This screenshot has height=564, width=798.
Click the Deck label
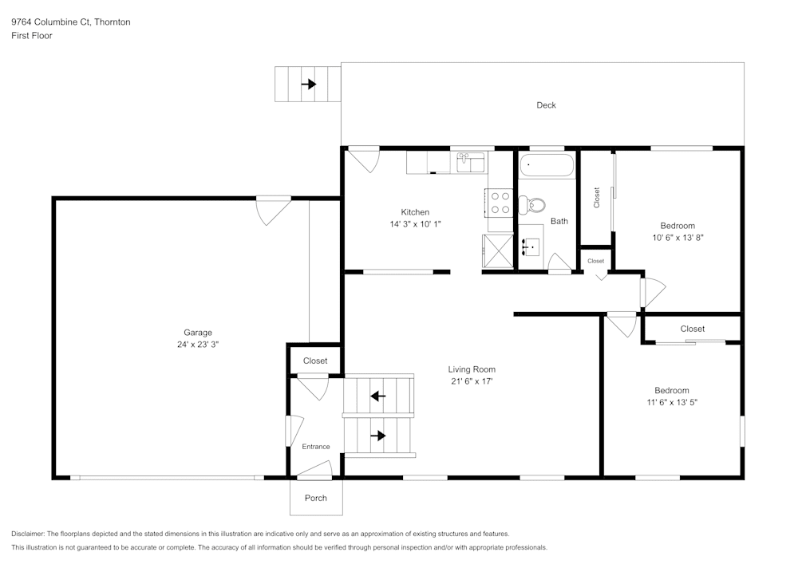(x=546, y=105)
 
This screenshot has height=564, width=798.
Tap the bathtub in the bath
(x=547, y=167)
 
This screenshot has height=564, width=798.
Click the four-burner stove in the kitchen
(x=500, y=203)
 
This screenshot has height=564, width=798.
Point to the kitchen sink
(x=471, y=163)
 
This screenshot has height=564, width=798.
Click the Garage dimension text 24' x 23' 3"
(x=198, y=345)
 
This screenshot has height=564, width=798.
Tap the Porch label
(x=315, y=499)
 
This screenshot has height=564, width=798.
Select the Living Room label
(x=471, y=369)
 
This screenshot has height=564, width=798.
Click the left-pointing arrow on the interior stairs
(x=378, y=395)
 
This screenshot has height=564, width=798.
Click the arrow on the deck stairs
(x=308, y=84)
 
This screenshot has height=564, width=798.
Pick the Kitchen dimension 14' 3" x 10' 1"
(x=415, y=224)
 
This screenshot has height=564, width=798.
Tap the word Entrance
(x=315, y=447)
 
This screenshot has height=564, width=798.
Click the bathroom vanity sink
(x=530, y=248)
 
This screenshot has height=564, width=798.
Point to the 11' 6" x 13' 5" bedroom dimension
(x=671, y=402)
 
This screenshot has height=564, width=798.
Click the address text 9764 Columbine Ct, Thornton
(x=71, y=22)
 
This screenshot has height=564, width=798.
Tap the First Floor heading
(x=32, y=36)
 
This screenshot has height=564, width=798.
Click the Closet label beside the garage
(x=315, y=361)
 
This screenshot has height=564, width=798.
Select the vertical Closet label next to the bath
(x=596, y=198)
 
